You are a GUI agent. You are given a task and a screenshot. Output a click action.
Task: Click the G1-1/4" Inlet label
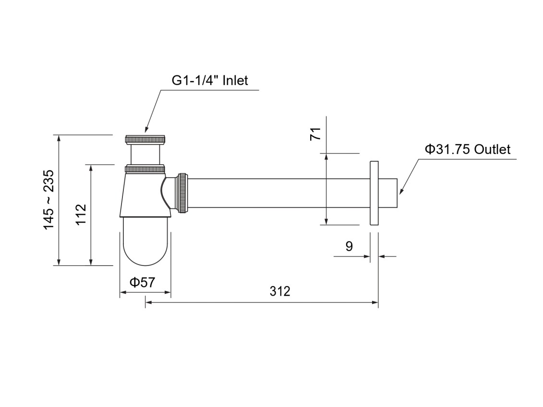210,80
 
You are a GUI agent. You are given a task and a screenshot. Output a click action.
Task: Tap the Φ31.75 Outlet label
467,149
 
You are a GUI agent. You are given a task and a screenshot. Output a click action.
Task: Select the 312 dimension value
280,291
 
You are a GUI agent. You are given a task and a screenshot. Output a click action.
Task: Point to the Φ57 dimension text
142,282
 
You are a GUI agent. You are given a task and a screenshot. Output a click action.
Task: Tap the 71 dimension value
315,134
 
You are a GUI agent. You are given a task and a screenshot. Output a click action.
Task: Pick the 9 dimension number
349,246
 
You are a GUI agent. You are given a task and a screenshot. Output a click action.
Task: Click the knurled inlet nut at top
145,140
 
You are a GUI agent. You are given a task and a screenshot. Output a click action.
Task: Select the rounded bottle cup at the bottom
145,242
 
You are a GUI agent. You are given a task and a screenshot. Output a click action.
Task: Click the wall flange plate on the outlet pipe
374,193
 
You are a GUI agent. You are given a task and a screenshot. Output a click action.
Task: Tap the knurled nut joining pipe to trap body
182,192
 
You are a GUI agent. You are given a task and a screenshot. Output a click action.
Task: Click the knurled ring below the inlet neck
145,169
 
